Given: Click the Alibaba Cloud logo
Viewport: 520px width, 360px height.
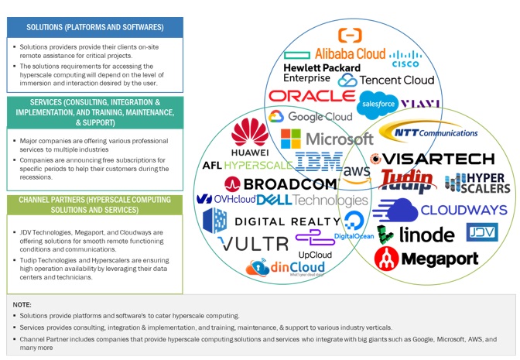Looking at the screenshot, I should (x=349, y=53).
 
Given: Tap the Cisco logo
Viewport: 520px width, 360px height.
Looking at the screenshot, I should (x=405, y=59).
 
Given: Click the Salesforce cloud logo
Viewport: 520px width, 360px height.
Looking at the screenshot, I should (x=378, y=102).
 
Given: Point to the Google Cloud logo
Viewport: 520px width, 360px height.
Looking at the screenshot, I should (x=310, y=117).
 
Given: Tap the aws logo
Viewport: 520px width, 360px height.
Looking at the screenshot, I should (x=357, y=171).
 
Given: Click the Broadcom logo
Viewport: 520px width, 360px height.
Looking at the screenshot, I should (x=282, y=183).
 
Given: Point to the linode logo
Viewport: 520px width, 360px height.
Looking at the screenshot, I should (x=415, y=234).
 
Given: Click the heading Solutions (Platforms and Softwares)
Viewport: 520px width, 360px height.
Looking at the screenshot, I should (x=94, y=27).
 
